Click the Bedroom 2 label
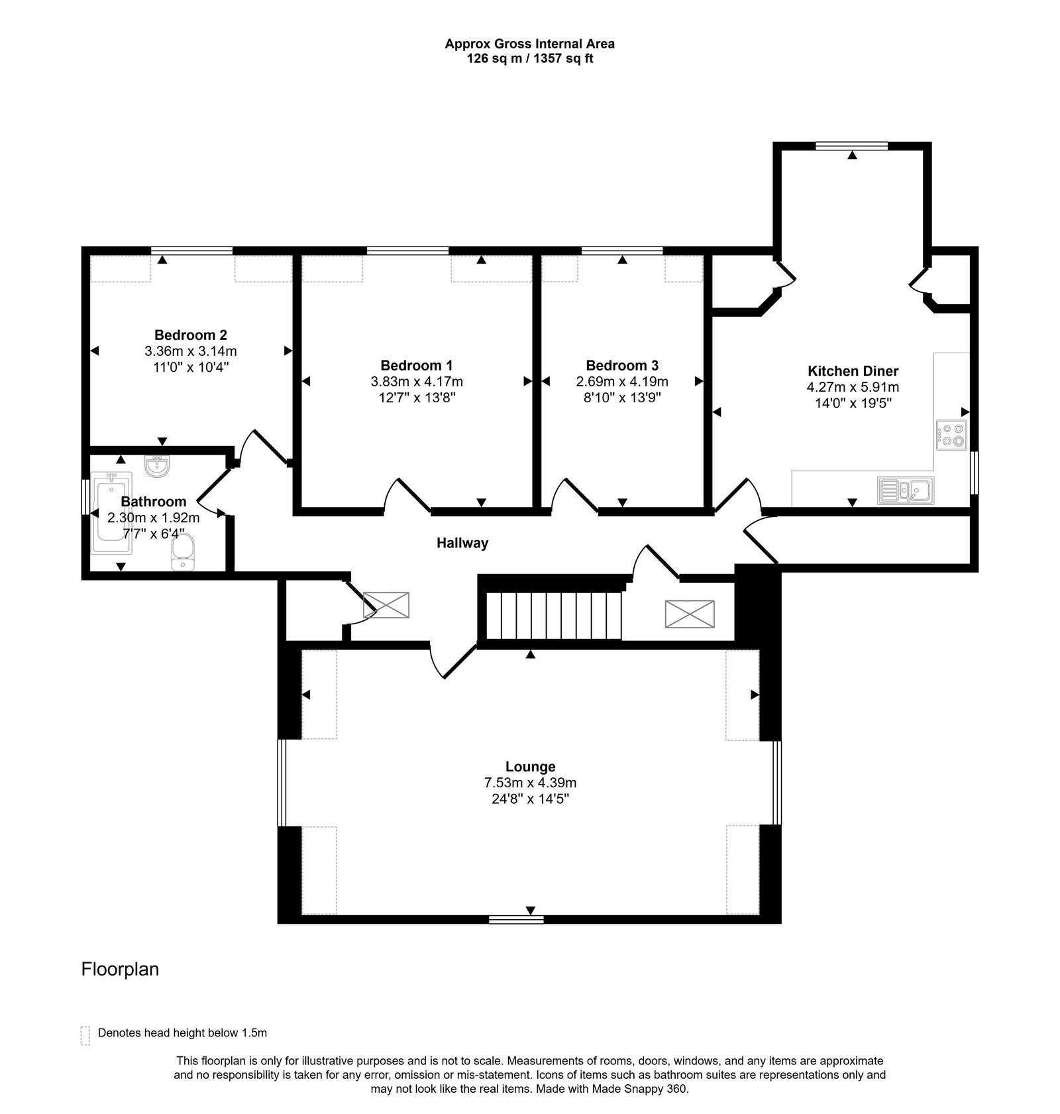190,335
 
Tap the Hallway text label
462,543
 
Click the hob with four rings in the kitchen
951,435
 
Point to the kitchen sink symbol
906,490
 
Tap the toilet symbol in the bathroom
183,553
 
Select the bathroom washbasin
158,466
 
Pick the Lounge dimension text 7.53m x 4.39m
530,783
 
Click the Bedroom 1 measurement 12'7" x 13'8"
417,398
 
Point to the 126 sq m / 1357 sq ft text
529,58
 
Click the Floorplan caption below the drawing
120,970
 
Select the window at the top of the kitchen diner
852,146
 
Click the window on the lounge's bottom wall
516,919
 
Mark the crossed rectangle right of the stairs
690,614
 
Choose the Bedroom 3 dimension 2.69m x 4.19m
621,382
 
